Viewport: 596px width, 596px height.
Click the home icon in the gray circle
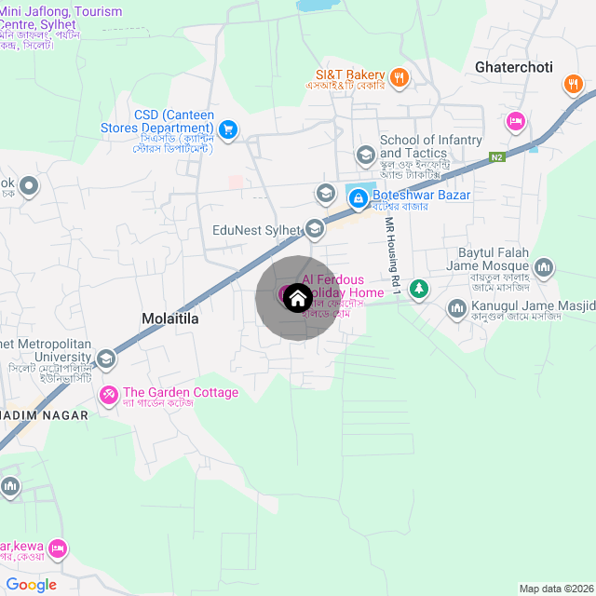(297, 298)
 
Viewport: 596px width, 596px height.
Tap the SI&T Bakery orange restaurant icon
(399, 77)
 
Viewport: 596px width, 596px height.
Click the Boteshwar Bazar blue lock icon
(357, 197)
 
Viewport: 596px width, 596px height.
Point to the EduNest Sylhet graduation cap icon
(315, 228)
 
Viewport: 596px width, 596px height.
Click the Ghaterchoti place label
(513, 68)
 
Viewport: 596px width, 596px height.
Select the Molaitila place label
(170, 318)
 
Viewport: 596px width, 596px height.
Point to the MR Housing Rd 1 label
(394, 257)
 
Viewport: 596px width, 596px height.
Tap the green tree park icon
(420, 290)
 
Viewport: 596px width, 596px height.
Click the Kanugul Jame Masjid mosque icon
(456, 307)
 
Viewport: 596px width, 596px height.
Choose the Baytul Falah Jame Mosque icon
(544, 268)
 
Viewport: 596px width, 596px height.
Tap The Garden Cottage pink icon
(108, 395)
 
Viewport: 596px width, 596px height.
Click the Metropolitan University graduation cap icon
(106, 359)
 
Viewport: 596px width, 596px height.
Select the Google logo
(31, 584)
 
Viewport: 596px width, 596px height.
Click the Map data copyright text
(556, 589)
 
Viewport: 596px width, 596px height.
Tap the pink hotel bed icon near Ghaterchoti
(515, 121)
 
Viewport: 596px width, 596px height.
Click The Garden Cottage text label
(181, 393)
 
